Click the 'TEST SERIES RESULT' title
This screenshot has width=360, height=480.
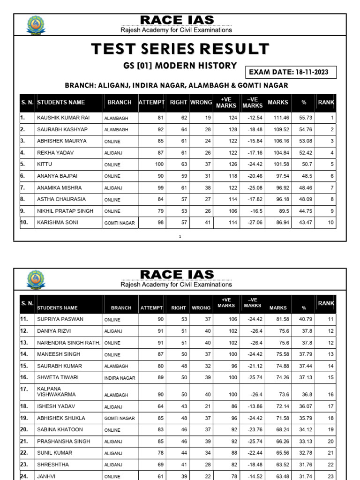(180, 49)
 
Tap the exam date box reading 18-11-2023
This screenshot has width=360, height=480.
(291, 72)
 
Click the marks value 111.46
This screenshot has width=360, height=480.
(280, 118)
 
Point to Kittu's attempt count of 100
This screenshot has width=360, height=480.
(160, 165)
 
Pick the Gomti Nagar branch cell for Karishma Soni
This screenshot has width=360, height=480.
(119, 223)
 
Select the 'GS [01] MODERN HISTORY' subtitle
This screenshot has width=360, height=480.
(180, 66)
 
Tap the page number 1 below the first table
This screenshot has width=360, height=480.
(180, 237)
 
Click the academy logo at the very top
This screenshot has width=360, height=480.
(35, 25)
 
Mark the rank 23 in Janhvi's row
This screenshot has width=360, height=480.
(330, 476)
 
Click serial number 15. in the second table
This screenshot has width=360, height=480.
(24, 366)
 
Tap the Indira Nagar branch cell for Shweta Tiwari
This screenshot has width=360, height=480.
(120, 378)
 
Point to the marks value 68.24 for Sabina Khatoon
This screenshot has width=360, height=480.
(280, 429)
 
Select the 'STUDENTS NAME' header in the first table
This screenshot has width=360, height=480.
(61, 103)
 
